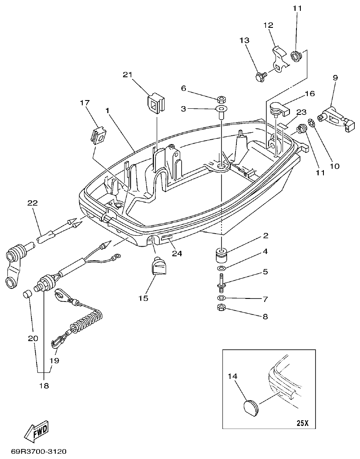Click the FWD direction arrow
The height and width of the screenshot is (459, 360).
pos(37,430)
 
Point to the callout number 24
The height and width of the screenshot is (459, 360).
pos(177,253)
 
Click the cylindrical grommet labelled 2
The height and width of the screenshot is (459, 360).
pos(221,255)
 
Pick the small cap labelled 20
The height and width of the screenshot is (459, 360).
pos(27,295)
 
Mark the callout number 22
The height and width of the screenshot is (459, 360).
pos(32,203)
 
